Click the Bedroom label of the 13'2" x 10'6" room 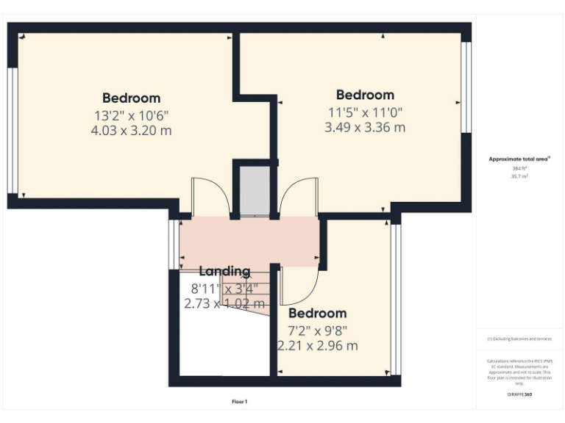pyautogui.click(x=131, y=98)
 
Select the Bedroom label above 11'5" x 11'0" pyautogui.click(x=365, y=95)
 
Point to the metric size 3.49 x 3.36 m pyautogui.click(x=365, y=127)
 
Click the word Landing pyautogui.click(x=224, y=271)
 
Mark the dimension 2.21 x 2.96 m pyautogui.click(x=318, y=345)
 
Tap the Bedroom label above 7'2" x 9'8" pyautogui.click(x=317, y=313)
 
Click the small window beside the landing pyautogui.click(x=172, y=243)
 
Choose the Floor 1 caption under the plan pyautogui.click(x=240, y=402)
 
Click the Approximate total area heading pyautogui.click(x=520, y=159)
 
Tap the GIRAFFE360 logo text pyautogui.click(x=519, y=395)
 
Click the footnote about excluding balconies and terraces pyautogui.click(x=519, y=339)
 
